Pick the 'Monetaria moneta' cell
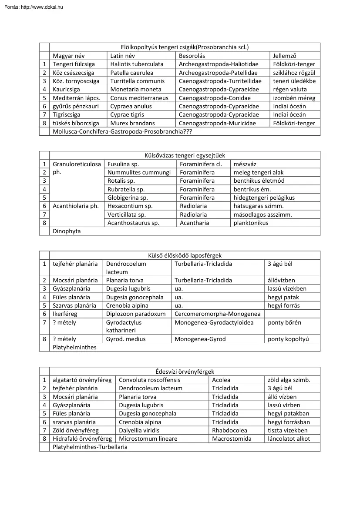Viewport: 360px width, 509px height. [133, 90]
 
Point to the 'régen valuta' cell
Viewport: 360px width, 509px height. [290, 90]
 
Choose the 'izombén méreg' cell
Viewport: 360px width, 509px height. [294, 98]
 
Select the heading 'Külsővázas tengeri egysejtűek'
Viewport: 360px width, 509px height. [185, 155]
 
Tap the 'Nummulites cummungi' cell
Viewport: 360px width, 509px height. [139, 172]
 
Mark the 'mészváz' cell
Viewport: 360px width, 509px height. [245, 164]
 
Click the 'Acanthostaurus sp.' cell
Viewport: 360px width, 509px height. [133, 223]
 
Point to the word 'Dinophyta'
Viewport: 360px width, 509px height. [67, 231]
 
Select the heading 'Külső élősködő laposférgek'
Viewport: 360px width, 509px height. [185, 255]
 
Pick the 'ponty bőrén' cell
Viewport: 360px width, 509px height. [284, 322]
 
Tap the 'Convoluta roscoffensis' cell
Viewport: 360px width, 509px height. [149, 380]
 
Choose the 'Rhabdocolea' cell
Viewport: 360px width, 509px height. [227, 430]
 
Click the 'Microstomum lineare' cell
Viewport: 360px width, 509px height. [148, 439]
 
